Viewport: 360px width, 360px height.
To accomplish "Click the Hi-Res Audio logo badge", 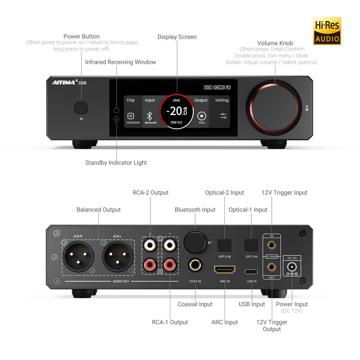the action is click(x=327, y=31).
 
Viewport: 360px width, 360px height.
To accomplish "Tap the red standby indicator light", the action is click(x=117, y=119).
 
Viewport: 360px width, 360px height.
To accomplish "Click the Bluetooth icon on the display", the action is click(x=149, y=116).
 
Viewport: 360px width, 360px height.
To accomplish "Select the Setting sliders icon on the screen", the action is click(x=223, y=116).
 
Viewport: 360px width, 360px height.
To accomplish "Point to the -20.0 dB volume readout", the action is click(x=177, y=111).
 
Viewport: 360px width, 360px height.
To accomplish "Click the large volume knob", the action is click(x=274, y=108).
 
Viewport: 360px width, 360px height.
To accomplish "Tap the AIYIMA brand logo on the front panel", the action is click(x=64, y=82).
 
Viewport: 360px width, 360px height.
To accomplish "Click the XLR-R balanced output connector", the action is click(x=78, y=256).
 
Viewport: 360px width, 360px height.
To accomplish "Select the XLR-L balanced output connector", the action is click(x=118, y=256).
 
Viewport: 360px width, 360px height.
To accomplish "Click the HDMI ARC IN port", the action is click(x=225, y=270).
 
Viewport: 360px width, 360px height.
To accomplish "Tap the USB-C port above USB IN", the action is click(x=251, y=272).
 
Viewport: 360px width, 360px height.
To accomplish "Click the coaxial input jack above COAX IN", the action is click(x=195, y=265).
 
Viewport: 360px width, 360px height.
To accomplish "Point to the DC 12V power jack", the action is click(x=292, y=267).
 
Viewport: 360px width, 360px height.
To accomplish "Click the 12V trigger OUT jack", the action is click(x=271, y=267).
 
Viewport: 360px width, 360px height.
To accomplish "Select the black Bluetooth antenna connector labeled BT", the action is click(x=195, y=243).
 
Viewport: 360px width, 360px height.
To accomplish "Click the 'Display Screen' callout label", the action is click(x=177, y=37).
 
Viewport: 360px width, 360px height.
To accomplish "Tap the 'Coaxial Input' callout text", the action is click(x=195, y=304).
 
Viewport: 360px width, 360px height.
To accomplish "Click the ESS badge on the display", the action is click(x=208, y=87).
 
